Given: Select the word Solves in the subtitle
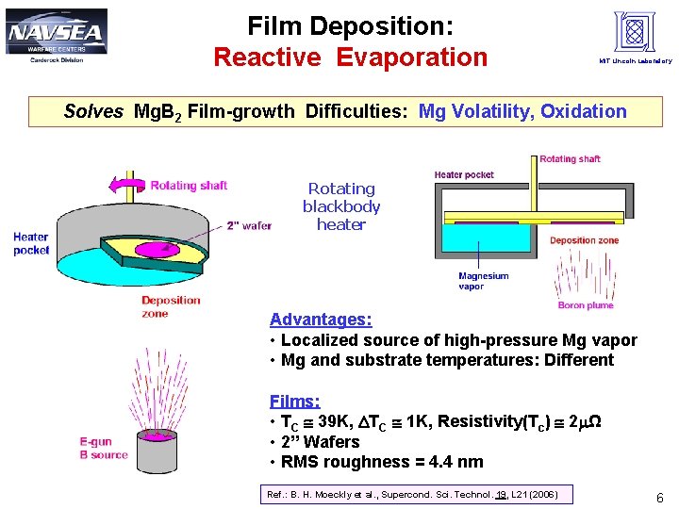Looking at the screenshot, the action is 93,112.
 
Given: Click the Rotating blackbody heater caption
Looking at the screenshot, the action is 341,206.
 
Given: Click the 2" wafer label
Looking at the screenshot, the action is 249,225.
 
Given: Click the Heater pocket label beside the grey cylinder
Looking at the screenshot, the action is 31,243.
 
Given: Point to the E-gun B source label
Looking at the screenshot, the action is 104,448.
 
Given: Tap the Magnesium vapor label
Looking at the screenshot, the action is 483,281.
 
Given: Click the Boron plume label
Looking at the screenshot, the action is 585,305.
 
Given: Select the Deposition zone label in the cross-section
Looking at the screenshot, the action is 585,240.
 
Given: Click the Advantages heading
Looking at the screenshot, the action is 321,320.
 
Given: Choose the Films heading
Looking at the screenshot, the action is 294,401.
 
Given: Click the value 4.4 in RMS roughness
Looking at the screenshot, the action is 439,462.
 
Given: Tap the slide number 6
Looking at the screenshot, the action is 660,498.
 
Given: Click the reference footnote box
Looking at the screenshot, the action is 412,495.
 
